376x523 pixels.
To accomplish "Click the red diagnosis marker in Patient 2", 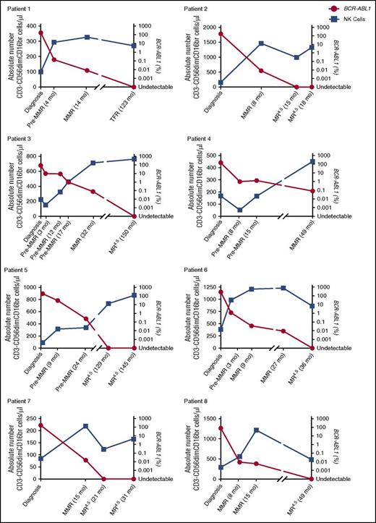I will click(221, 33).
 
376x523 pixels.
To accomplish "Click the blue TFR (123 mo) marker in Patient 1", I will click(132, 46).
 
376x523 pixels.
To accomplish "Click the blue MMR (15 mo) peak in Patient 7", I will click(86, 426).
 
